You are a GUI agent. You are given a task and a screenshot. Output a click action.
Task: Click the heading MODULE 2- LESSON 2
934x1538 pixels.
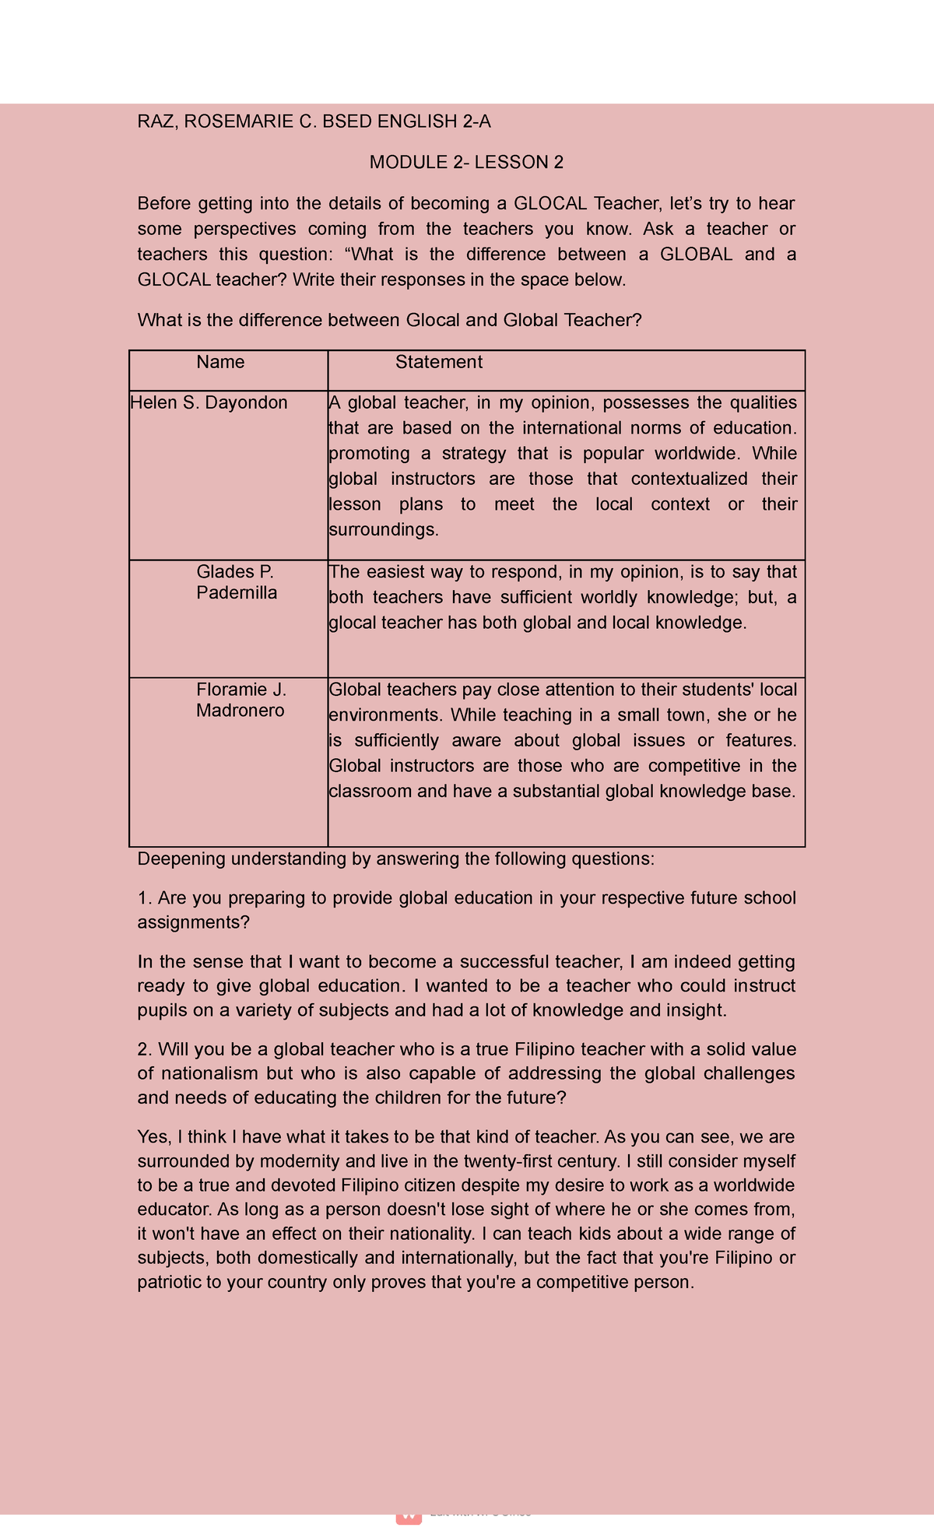pyautogui.click(x=466, y=163)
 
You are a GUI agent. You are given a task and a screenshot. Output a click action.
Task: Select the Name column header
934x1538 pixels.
pyautogui.click(x=220, y=362)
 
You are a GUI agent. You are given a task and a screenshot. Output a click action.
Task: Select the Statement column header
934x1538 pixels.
pyautogui.click(x=438, y=362)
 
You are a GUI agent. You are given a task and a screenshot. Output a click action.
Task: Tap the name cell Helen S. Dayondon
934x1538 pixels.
pyautogui.click(x=209, y=402)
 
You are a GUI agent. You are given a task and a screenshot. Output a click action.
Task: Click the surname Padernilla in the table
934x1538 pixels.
pyautogui.click(x=237, y=592)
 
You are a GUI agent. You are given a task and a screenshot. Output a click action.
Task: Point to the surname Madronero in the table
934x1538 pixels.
pyautogui.click(x=240, y=711)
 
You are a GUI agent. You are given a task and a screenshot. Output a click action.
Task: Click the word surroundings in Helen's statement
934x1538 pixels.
pyautogui.click(x=383, y=530)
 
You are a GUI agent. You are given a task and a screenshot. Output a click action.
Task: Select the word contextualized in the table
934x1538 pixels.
pyautogui.click(x=689, y=479)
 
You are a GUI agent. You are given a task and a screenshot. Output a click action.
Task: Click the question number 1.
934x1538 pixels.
pyautogui.click(x=143, y=898)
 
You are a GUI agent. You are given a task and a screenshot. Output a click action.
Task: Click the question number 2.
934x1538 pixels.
pyautogui.click(x=143, y=1049)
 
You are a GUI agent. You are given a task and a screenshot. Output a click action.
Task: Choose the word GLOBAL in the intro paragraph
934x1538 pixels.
pyautogui.click(x=695, y=255)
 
